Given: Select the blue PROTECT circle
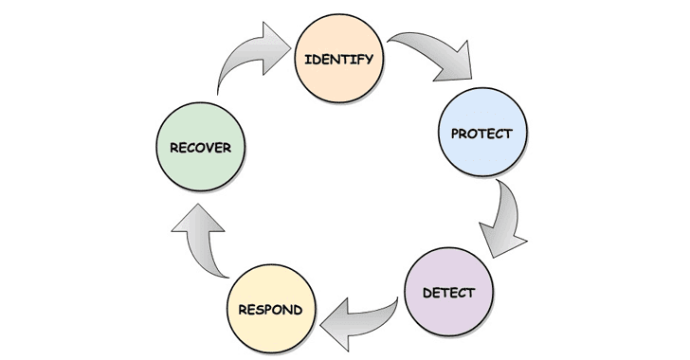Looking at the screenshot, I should tap(481, 134).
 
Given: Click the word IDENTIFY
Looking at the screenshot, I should tap(338, 59).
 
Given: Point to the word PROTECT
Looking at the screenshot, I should tap(481, 134).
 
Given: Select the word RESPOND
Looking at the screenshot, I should tap(271, 310).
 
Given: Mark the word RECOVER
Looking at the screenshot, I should tap(200, 148).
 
